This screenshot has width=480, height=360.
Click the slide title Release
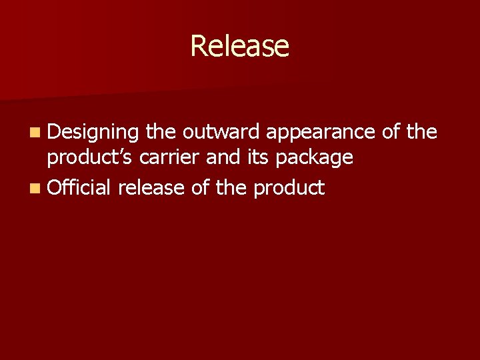click(x=239, y=46)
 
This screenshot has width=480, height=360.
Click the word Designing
click(x=93, y=133)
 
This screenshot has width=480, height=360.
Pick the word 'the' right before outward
click(x=160, y=132)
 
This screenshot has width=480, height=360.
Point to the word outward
click(x=221, y=132)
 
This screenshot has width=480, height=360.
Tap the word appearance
click(x=321, y=133)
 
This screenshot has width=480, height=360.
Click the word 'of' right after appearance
click(x=392, y=132)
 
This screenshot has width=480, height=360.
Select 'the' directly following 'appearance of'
click(x=422, y=132)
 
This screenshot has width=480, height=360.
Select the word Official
click(x=79, y=188)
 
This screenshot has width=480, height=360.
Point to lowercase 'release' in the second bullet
click(x=151, y=188)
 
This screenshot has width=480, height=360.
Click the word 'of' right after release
click(x=201, y=188)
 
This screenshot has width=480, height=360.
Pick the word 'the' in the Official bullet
click(x=231, y=188)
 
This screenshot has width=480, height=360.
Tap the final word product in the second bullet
click(x=289, y=189)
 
